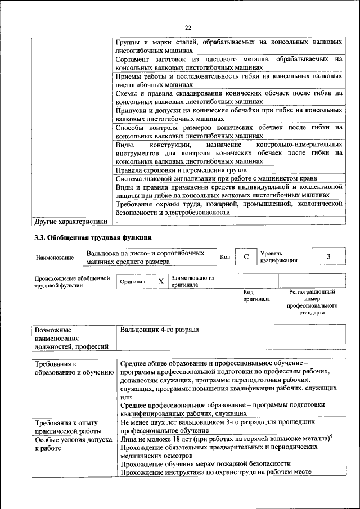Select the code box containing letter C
tap(246, 257)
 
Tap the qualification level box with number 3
tap(328, 257)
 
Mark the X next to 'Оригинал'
tap(161, 281)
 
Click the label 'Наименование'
tap(55, 258)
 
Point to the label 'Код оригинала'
tap(256, 296)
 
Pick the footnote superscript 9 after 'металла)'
tap(331, 435)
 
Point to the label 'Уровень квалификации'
tap(279, 257)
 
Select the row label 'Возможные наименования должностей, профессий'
tap(71, 337)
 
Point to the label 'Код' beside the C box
tap(225, 257)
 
